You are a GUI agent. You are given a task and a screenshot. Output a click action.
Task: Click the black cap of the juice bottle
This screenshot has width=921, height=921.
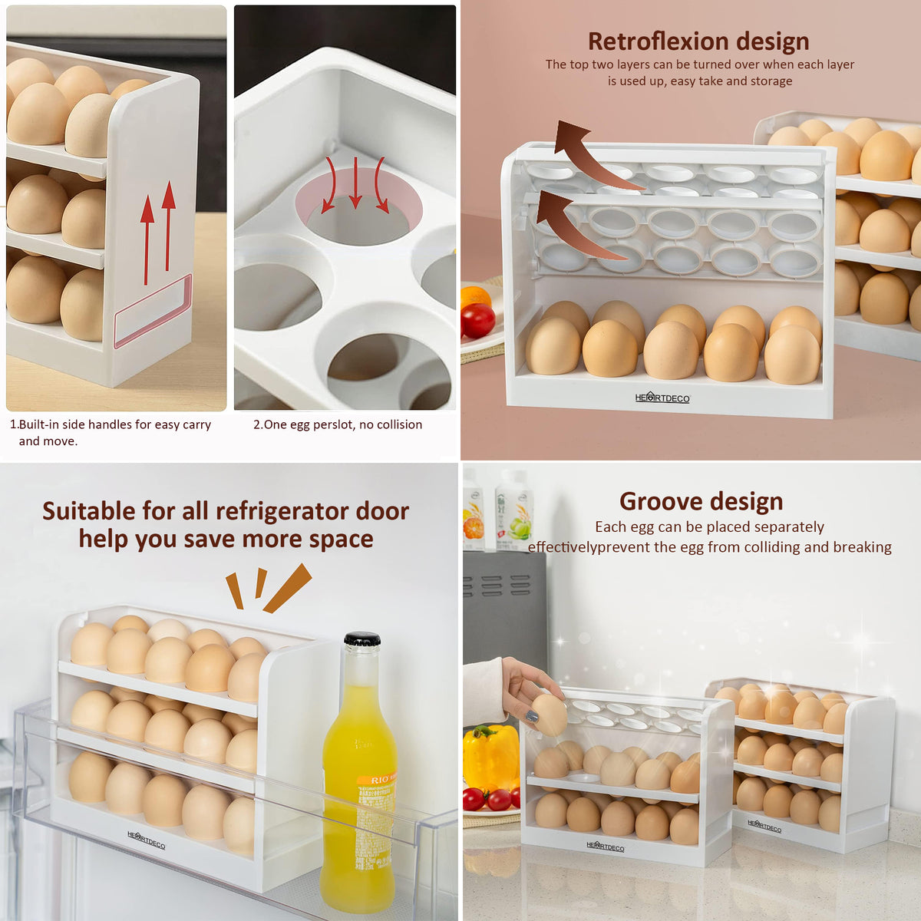362,639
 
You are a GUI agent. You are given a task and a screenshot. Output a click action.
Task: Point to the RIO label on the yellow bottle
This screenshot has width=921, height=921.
380,780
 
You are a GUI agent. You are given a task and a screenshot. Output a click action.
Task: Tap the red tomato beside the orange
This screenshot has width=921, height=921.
477,321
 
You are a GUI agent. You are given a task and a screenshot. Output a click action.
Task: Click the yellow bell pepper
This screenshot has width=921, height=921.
491,756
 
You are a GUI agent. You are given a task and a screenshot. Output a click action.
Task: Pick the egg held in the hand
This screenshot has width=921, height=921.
550,715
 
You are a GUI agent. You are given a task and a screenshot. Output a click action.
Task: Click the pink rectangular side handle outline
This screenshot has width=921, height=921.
153,310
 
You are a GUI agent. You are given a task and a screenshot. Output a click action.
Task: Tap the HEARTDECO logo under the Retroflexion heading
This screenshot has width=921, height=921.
662,398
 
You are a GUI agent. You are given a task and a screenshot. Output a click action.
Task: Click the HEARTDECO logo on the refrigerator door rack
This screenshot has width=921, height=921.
146,840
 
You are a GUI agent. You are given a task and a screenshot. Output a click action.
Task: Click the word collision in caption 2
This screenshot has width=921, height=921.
399,424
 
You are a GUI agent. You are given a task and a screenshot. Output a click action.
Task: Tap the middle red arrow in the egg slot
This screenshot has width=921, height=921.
355,183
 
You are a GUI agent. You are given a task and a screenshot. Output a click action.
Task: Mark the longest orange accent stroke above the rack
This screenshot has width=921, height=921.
287,589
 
